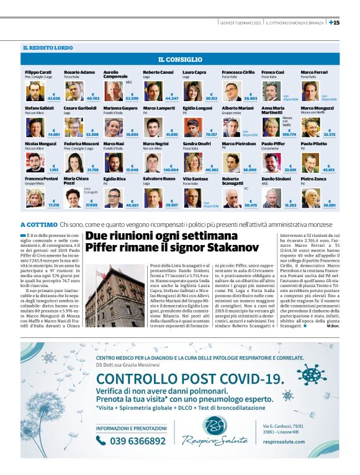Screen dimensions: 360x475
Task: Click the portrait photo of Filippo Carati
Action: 34,92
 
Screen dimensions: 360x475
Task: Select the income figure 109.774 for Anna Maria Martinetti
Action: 289,134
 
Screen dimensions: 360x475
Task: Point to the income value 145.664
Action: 171,169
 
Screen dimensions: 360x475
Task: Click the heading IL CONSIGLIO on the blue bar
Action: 179,60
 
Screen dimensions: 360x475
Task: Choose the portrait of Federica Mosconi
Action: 74,162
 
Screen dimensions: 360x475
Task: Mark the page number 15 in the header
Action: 335,23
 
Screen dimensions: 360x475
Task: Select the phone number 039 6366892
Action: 138,441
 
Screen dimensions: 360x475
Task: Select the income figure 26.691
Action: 328,204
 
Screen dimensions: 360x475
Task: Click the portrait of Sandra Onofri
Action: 192,162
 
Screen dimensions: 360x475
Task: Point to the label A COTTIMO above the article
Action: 38,224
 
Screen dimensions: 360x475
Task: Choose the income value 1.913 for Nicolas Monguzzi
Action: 53,169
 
